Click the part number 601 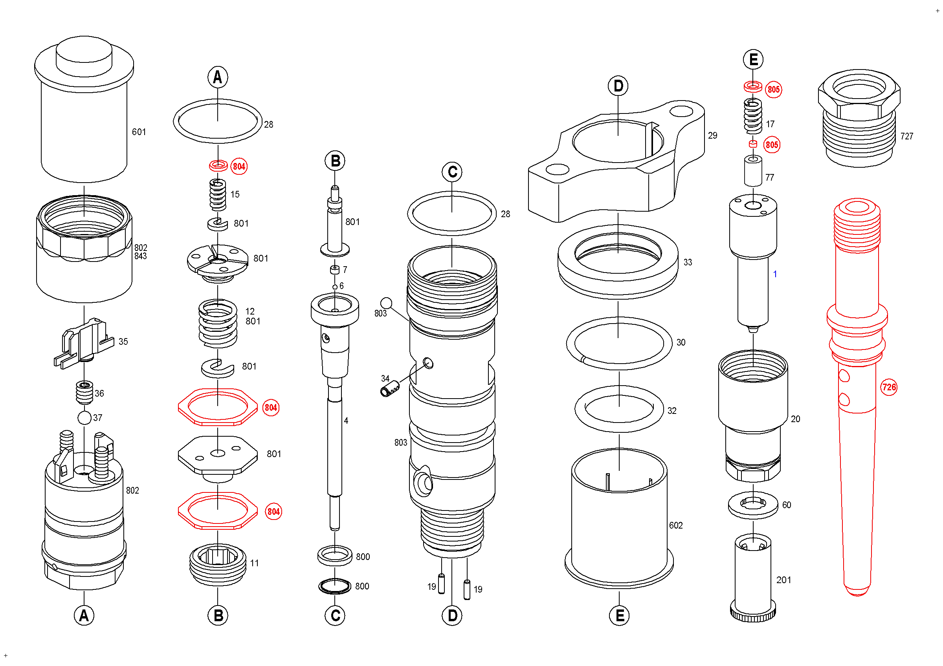(x=139, y=132)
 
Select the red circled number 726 (x=889, y=387)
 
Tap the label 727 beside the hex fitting (x=906, y=136)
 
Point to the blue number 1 (x=775, y=274)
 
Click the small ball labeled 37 (x=84, y=418)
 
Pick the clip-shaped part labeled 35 (x=84, y=343)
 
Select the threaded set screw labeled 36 (x=85, y=392)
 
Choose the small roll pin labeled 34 (x=390, y=389)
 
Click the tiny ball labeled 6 (x=335, y=287)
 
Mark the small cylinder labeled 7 (x=335, y=270)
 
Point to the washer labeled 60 (x=753, y=505)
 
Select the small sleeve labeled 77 (x=753, y=171)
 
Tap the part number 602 (x=676, y=526)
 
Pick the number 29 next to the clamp (x=713, y=135)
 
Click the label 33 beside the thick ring (x=688, y=262)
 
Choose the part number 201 (x=783, y=580)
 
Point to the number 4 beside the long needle (x=346, y=421)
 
